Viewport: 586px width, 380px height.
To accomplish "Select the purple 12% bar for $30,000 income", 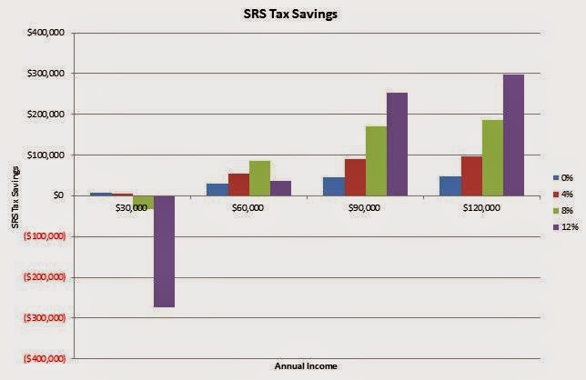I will click(164, 251).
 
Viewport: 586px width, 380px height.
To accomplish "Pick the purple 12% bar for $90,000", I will click(397, 144).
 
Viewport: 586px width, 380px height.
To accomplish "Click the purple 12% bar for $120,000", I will click(513, 135).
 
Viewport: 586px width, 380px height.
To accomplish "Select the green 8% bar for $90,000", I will click(376, 160).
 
